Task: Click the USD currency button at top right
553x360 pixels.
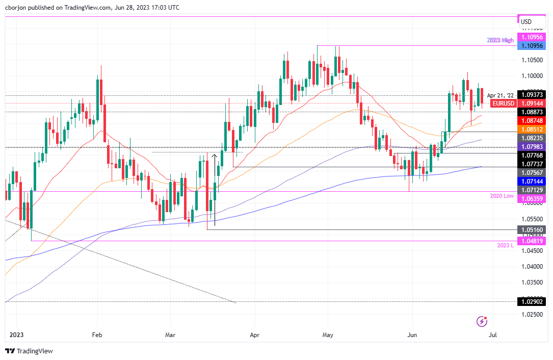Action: coord(526,21)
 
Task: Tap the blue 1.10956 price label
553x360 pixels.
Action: coord(532,46)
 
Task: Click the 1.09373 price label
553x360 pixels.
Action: coord(532,95)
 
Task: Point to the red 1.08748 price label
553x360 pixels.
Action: coord(532,120)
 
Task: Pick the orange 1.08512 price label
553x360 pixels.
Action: coord(532,129)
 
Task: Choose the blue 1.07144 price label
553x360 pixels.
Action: coord(532,182)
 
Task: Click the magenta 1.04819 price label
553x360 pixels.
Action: coord(532,240)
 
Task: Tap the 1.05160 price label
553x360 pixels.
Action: coord(532,230)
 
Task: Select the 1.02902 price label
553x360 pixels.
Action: coord(532,301)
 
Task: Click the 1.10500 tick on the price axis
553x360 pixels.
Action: coord(532,60)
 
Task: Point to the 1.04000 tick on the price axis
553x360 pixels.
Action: coord(532,266)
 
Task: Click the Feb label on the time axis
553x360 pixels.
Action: coord(97,335)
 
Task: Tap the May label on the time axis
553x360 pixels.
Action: coord(328,335)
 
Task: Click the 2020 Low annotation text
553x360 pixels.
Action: coord(502,196)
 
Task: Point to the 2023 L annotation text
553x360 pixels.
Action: coord(506,245)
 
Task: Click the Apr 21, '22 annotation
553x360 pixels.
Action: coord(501,95)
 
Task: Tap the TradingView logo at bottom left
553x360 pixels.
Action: coord(29,351)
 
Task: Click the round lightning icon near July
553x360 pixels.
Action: coord(482,321)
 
